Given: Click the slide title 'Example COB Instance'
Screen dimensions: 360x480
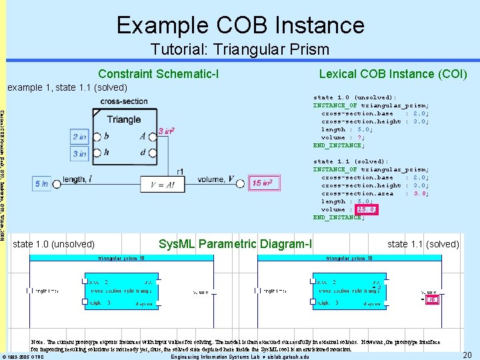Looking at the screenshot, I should [240, 25].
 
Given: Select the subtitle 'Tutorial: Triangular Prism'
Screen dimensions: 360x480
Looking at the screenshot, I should [240, 49].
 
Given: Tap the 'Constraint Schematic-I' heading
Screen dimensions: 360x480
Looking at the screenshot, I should [159, 73].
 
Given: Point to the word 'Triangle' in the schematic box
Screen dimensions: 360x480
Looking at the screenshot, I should [123, 119].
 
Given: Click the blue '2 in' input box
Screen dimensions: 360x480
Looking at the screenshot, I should [79, 137].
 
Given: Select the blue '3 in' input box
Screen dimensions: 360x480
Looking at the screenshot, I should [79, 153].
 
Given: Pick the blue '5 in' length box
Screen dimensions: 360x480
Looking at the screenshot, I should [41, 183].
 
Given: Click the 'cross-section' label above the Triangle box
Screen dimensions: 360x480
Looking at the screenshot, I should [125, 101].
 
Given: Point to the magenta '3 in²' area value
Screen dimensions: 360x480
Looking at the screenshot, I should [167, 131].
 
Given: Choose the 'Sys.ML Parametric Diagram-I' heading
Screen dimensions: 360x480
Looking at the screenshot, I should [235, 244].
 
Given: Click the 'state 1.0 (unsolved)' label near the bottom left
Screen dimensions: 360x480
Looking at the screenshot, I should [54, 244].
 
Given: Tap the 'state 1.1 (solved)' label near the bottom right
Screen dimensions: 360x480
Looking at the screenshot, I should [423, 244].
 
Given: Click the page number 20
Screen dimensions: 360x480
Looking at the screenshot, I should [467, 355].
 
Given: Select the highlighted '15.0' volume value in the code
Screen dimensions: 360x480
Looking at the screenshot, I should [366, 209].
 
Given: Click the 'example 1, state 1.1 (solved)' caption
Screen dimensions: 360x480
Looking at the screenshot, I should [67, 88].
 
